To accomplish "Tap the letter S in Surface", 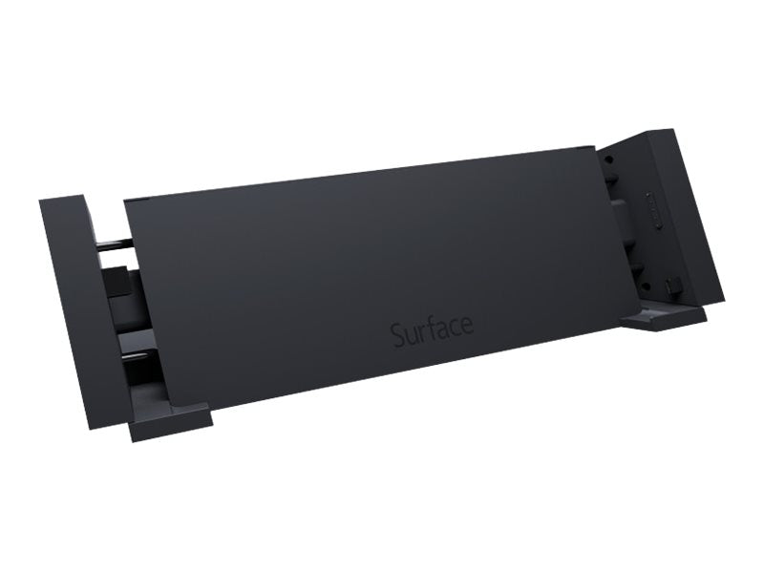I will [x=397, y=335].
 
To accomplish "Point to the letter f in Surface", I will [x=428, y=330].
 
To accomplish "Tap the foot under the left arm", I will [x=170, y=420].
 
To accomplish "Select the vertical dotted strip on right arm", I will [x=650, y=210].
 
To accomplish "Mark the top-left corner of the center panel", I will [x=126, y=202].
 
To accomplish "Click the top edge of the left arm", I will [x=63, y=199].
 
